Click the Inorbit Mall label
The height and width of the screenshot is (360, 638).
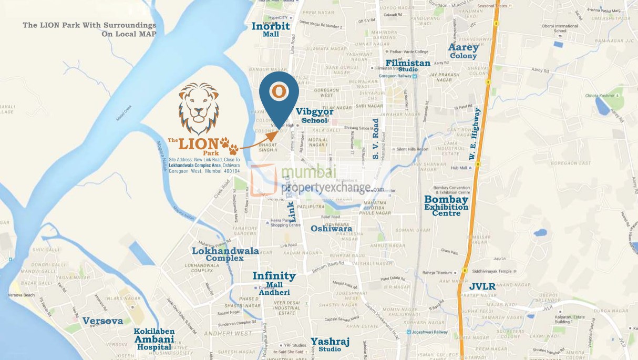tap(271, 29)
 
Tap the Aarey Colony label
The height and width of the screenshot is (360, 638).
tap(463, 51)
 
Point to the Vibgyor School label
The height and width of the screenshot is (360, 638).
tap(315, 116)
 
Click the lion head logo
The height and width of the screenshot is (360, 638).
tap(199, 108)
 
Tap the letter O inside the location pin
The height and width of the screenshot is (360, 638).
tap(280, 91)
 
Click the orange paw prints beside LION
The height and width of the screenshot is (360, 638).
tap(230, 145)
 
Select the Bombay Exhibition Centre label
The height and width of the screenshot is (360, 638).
tap(446, 206)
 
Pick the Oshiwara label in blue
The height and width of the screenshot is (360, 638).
tap(331, 229)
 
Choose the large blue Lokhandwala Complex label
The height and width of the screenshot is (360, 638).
tap(225, 254)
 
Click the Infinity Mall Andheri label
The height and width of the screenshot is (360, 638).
tap(274, 283)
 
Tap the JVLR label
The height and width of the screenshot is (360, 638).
tap(482, 287)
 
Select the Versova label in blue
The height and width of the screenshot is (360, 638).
tap(102, 321)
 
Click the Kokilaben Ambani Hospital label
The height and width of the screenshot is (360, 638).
tap(154, 339)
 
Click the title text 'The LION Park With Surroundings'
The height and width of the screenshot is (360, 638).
tap(89, 25)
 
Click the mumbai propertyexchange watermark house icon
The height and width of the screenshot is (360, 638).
tap(265, 179)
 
